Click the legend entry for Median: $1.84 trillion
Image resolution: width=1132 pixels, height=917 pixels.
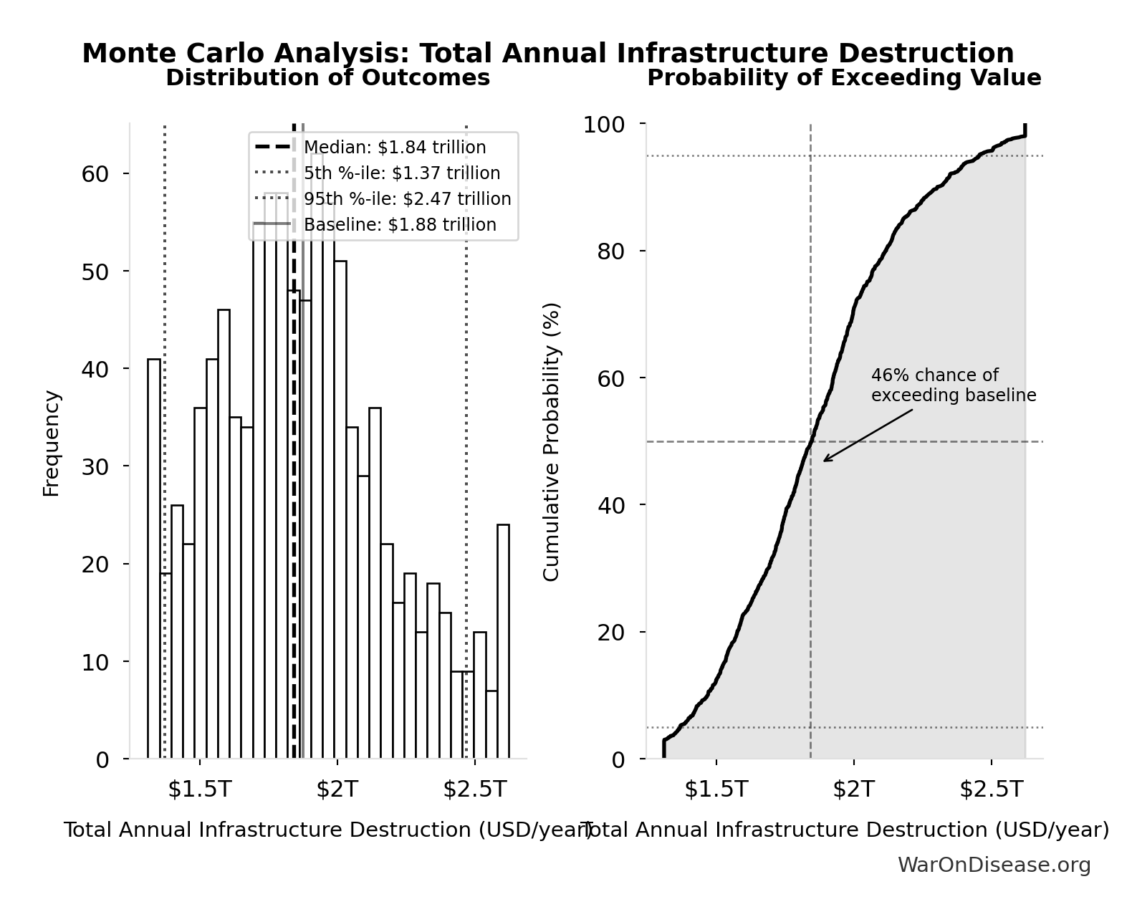click(x=394, y=148)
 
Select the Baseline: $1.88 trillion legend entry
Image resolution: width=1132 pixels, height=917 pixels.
click(x=399, y=225)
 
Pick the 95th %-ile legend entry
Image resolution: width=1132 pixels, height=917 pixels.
click(x=407, y=199)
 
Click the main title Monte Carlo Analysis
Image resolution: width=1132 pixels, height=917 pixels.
click(x=547, y=53)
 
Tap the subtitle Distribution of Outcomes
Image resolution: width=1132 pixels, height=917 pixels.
click(x=327, y=77)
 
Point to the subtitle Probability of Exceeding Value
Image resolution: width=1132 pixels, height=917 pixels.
click(x=843, y=77)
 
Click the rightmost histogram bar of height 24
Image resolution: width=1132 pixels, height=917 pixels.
click(x=503, y=641)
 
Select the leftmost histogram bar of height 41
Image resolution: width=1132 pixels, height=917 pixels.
click(x=154, y=559)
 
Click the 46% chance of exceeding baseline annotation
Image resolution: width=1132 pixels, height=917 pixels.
click(x=953, y=385)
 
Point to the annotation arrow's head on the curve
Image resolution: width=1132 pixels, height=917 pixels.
click(x=825, y=461)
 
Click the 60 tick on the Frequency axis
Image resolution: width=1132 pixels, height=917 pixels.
click(x=95, y=174)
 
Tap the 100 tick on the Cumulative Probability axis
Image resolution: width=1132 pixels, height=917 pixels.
click(x=603, y=125)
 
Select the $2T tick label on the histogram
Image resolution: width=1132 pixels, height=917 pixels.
click(x=337, y=789)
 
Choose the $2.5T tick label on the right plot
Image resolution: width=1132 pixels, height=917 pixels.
click(x=991, y=789)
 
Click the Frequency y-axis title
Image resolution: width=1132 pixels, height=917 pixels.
click(x=52, y=443)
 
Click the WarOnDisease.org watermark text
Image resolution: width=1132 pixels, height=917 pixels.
click(x=994, y=865)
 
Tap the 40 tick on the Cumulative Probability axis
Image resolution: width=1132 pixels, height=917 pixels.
click(x=610, y=505)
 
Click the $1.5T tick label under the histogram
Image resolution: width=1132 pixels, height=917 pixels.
click(x=199, y=789)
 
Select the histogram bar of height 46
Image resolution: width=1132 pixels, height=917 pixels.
click(x=224, y=534)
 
